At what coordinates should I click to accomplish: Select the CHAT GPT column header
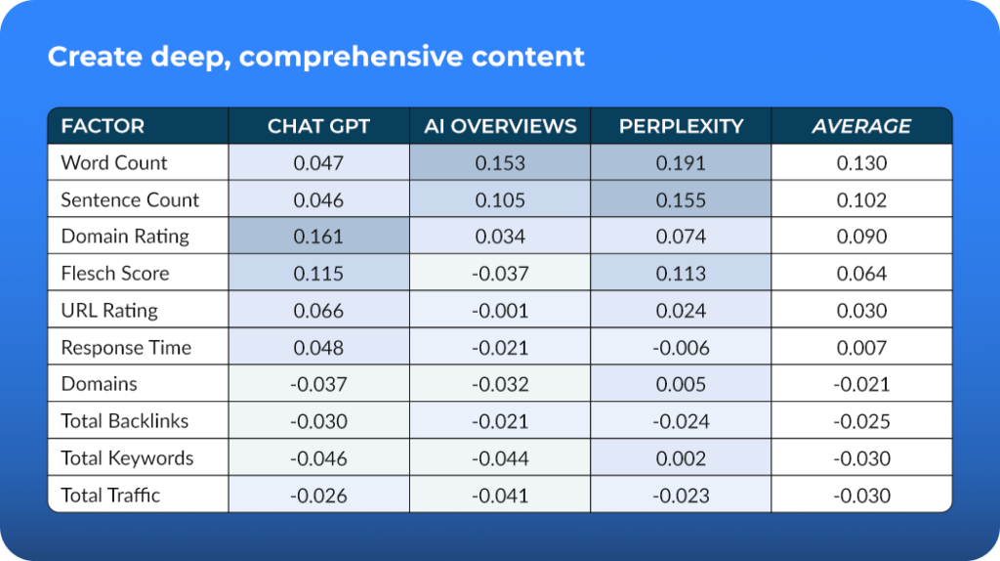pos(319,126)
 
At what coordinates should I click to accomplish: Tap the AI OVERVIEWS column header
pos(500,126)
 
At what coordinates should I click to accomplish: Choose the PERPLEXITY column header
pos(681,126)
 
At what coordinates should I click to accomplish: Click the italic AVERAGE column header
pos(861,126)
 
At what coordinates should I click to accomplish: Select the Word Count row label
pos(114,163)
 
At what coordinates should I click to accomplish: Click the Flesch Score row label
pos(115,273)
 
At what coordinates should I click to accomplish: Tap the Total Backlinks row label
pos(125,421)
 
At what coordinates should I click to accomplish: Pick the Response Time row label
pos(126,347)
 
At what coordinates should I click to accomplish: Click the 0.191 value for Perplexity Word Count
pos(681,163)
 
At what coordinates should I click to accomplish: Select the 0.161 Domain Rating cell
pos(319,237)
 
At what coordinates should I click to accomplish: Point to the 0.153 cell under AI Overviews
pos(500,163)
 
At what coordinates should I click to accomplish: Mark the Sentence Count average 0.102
pos(861,199)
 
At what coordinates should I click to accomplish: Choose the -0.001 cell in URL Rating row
pos(500,310)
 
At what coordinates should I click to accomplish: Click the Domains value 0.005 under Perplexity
pos(681,384)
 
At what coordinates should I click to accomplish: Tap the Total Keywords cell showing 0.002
pos(681,458)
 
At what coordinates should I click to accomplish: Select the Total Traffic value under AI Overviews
pos(500,496)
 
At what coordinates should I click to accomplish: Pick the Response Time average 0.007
pos(861,347)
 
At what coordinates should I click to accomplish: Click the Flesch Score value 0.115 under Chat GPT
pos(319,273)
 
